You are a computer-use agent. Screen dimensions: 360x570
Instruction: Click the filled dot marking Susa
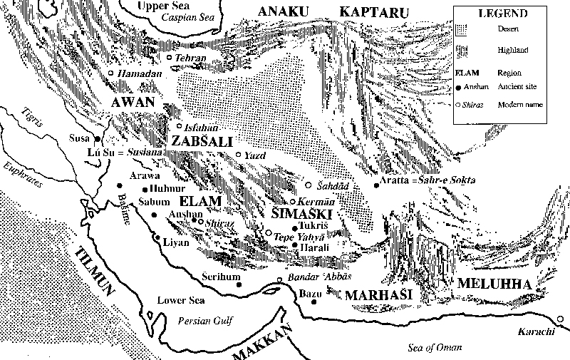click(x=98, y=139)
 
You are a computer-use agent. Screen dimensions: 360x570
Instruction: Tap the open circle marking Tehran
click(x=169, y=57)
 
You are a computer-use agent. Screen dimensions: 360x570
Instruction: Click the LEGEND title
click(x=503, y=14)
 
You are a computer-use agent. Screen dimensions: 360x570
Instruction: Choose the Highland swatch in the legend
click(x=465, y=50)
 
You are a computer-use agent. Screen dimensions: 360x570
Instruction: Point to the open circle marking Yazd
click(x=238, y=154)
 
